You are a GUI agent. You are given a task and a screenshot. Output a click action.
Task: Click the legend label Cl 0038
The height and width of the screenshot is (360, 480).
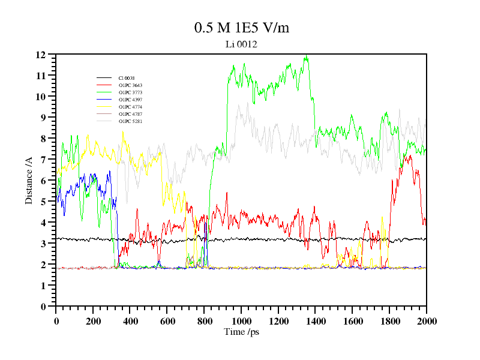[126, 78]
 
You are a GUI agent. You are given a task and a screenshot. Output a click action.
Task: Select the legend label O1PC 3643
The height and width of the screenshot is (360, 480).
[130, 85]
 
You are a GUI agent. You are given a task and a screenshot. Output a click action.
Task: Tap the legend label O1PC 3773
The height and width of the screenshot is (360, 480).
[130, 92]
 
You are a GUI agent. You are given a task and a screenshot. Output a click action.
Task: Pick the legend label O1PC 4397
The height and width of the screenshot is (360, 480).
[130, 100]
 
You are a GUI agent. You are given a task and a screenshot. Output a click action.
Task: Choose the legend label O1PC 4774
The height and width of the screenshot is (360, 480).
[130, 107]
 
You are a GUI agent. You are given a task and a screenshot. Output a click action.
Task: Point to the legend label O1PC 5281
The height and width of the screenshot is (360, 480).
[130, 121]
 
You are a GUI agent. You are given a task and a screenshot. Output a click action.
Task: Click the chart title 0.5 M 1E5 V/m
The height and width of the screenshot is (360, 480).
[242, 28]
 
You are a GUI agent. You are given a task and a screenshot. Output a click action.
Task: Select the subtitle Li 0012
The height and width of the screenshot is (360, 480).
[241, 44]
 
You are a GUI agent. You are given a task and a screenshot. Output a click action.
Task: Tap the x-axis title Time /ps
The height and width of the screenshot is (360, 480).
[241, 331]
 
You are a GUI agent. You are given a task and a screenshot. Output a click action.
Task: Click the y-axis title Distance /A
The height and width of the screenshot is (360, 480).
[28, 180]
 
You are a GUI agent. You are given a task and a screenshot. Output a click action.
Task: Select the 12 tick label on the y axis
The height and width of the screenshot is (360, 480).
[41, 55]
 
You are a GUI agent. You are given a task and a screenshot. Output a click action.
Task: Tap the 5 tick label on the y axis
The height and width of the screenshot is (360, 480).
[43, 202]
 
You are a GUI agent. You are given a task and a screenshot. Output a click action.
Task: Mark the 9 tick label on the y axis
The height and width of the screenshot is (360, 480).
[43, 118]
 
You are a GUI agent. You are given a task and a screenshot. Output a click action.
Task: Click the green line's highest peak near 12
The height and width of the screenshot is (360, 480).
[307, 57]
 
